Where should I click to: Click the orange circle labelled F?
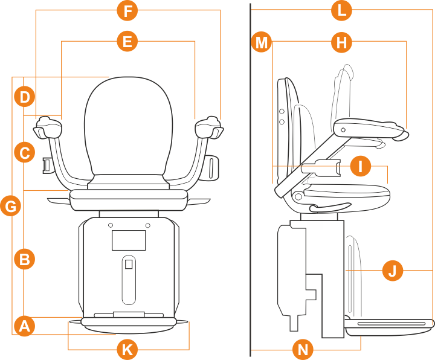127,10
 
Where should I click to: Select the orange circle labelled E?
127,41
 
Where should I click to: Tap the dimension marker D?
24,95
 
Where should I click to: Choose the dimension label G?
11,206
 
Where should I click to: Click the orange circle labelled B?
24,259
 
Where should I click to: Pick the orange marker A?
24,326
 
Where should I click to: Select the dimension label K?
127,349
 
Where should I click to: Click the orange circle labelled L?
343,10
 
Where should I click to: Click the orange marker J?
393,270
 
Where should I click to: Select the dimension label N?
303,349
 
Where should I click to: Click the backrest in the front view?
127,127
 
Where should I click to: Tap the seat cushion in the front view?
128,196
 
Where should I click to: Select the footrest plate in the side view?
390,325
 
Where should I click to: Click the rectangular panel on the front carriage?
129,240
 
